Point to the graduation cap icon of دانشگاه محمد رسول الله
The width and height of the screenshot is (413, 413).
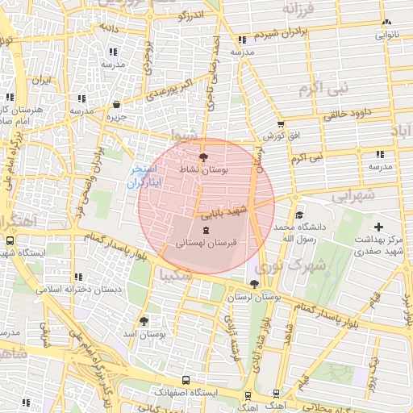click(299, 215)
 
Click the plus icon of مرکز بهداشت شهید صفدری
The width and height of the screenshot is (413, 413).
click(379, 228)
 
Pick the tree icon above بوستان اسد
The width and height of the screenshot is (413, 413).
click(144, 320)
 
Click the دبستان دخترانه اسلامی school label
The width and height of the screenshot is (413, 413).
click(83, 288)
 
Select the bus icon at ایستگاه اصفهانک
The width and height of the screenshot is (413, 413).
click(186, 379)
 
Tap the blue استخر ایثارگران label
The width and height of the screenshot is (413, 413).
click(145, 177)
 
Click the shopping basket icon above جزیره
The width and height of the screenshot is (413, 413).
click(117, 104)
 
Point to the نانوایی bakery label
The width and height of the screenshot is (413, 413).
click(386, 35)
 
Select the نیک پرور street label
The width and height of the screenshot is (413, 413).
click(373, 371)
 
